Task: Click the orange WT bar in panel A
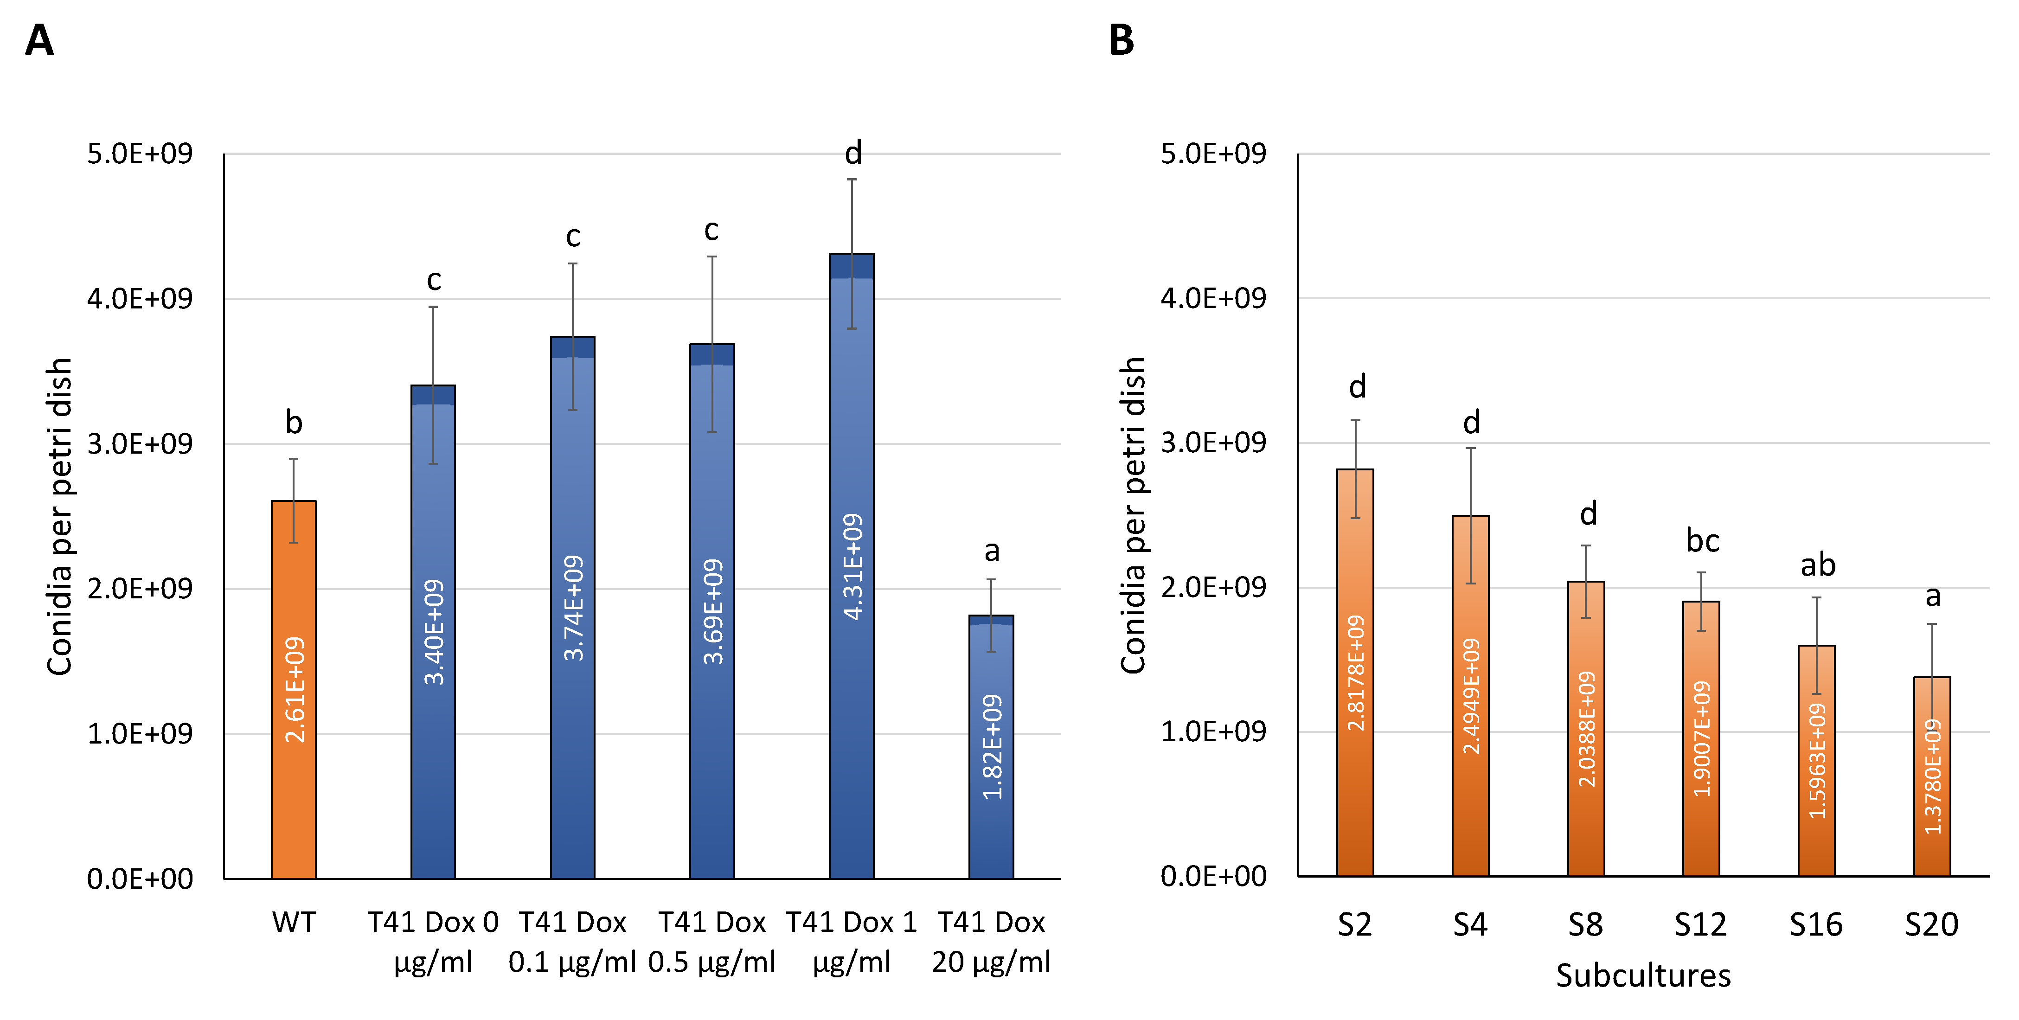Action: (293, 690)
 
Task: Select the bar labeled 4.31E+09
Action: (851, 565)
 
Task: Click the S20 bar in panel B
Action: (1931, 776)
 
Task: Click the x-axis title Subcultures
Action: (1643, 976)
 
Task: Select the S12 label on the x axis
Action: (1700, 925)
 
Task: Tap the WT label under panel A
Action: (293, 923)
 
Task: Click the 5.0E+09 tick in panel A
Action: (140, 154)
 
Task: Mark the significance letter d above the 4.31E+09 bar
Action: (853, 154)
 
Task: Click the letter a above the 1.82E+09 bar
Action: (992, 551)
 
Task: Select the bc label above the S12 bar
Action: (1702, 541)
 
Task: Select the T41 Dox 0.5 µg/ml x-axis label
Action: (711, 943)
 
